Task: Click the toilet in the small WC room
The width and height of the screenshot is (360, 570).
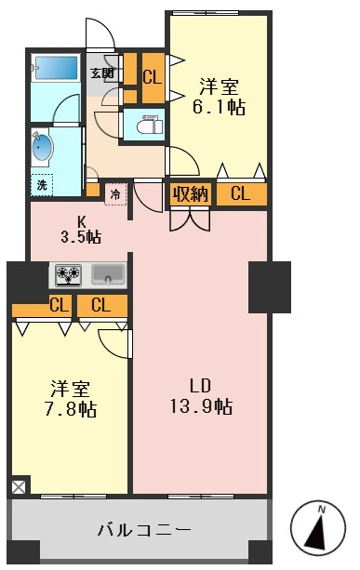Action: pyautogui.click(x=150, y=125)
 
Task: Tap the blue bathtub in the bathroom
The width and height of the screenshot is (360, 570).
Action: pyautogui.click(x=56, y=68)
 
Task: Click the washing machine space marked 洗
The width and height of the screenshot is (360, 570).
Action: pyautogui.click(x=42, y=185)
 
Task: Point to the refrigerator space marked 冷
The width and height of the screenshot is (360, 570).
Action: pyautogui.click(x=115, y=194)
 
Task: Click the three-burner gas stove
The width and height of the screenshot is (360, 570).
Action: pyautogui.click(x=68, y=274)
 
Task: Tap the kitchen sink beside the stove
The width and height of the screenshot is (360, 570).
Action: pyautogui.click(x=108, y=273)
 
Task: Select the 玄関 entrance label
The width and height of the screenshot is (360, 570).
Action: pyautogui.click(x=101, y=73)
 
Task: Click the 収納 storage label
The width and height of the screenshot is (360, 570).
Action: pyautogui.click(x=191, y=193)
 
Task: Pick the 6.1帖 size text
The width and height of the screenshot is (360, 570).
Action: pyautogui.click(x=219, y=107)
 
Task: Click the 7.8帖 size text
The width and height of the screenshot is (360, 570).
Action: pyautogui.click(x=70, y=409)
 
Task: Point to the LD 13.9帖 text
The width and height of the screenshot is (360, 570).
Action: pyautogui.click(x=201, y=396)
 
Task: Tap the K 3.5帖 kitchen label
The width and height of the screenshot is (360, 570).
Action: pyautogui.click(x=80, y=230)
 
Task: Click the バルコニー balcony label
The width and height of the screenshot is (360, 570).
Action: pyautogui.click(x=144, y=530)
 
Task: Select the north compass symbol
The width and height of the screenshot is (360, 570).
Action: pyautogui.click(x=318, y=526)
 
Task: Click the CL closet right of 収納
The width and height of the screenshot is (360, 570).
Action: pyautogui.click(x=241, y=193)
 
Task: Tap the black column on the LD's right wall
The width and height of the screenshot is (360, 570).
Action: pyautogui.click(x=270, y=287)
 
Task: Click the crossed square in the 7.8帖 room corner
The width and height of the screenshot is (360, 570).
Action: pyautogui.click(x=19, y=486)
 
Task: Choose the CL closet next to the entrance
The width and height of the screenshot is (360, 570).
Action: pyautogui.click(x=153, y=77)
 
